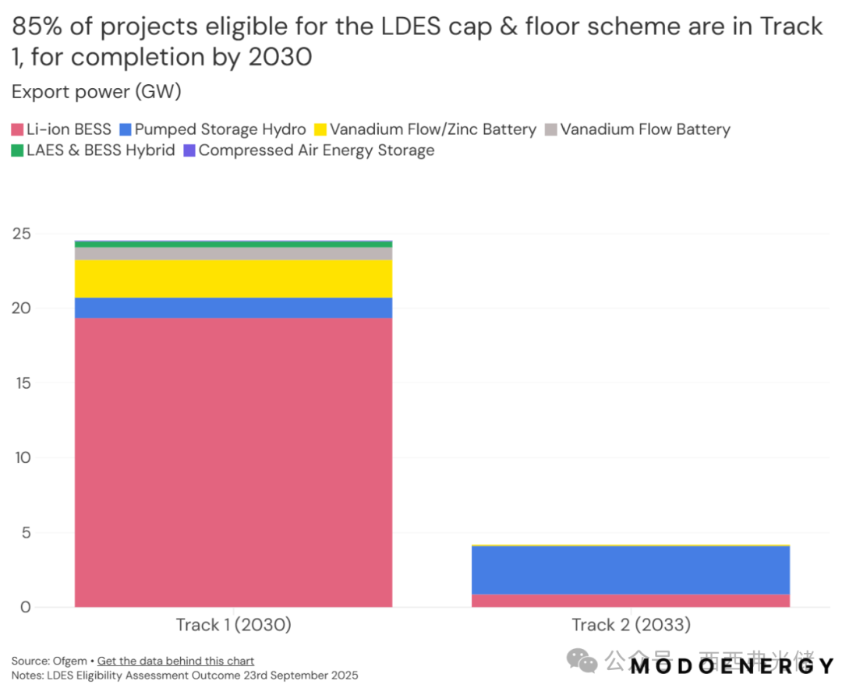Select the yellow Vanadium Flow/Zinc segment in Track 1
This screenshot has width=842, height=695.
tap(233, 278)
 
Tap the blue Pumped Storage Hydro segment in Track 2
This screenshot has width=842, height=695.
tap(631, 570)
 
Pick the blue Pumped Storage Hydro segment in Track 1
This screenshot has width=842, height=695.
tap(233, 308)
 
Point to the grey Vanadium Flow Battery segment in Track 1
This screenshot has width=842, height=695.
tap(233, 253)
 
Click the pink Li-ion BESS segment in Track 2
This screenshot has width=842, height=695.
tap(631, 601)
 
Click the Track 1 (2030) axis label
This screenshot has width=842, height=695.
tap(233, 625)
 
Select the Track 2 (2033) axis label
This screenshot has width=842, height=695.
tap(631, 625)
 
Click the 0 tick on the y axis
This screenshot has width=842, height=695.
tap(25, 607)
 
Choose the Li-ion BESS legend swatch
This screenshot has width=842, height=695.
tap(17, 129)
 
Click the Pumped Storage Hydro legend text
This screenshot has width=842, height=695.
tap(220, 129)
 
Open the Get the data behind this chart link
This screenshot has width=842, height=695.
tap(175, 661)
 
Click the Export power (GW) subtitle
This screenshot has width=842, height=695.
tap(96, 92)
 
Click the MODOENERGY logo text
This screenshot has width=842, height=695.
tap(732, 667)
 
